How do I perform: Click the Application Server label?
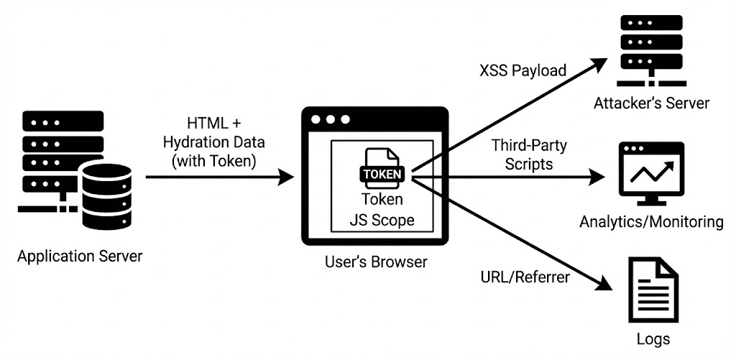pos(80,256)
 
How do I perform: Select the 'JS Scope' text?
pos(382,220)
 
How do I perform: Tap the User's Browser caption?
pos(374,262)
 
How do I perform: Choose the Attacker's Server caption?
pos(651,103)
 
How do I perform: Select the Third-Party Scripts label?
pos(529,154)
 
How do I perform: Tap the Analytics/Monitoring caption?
pos(651,221)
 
